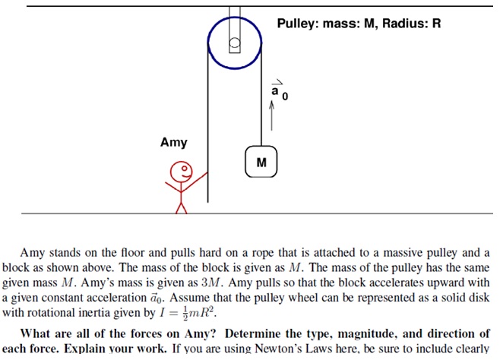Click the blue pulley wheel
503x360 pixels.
pos(208,43)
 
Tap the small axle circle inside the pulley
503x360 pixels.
pos(235,43)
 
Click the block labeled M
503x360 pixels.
pos(261,162)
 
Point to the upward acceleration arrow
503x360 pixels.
pos(272,115)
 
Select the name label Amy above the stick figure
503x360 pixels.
pos(173,142)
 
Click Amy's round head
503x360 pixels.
pos(182,172)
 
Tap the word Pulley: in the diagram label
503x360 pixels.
pos(298,24)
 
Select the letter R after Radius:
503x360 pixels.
pos(437,24)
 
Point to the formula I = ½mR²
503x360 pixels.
pos(188,313)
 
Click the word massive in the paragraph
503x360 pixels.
pos(403,253)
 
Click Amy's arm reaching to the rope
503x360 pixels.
pos(194,182)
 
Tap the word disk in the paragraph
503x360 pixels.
pos(479,298)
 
